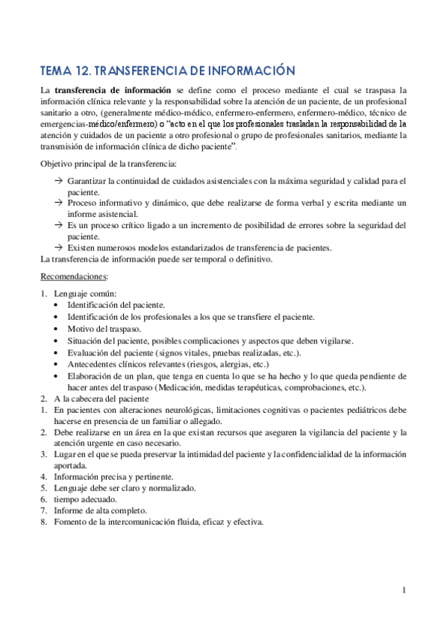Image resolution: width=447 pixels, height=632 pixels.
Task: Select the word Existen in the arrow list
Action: [82, 247]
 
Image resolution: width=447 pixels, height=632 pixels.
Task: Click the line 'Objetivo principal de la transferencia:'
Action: [108, 162]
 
